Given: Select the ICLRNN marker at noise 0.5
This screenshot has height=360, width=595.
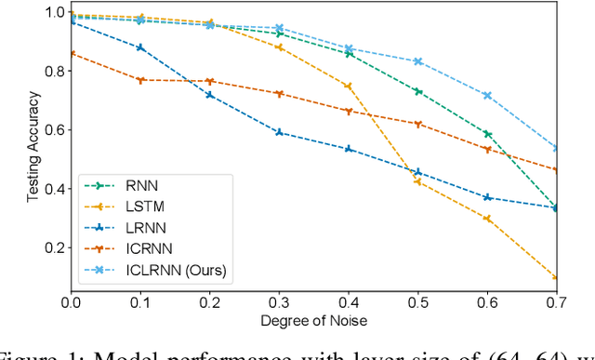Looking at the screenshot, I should (x=417, y=61).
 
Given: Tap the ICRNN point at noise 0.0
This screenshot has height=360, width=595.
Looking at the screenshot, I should (x=69, y=53).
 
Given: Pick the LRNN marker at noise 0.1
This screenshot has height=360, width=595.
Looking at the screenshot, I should (x=140, y=47).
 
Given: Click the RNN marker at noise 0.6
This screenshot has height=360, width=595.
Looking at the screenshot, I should (x=487, y=134).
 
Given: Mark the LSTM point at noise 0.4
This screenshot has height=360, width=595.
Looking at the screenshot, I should (x=348, y=87).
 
